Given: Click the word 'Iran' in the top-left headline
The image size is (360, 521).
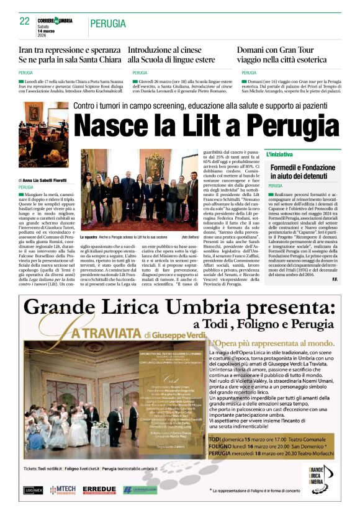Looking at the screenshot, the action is (27, 49).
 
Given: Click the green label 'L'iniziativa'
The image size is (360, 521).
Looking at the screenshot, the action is (297, 153).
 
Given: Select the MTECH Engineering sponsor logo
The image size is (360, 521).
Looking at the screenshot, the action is (63, 489).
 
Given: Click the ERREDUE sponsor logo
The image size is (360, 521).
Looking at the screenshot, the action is (99, 489).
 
